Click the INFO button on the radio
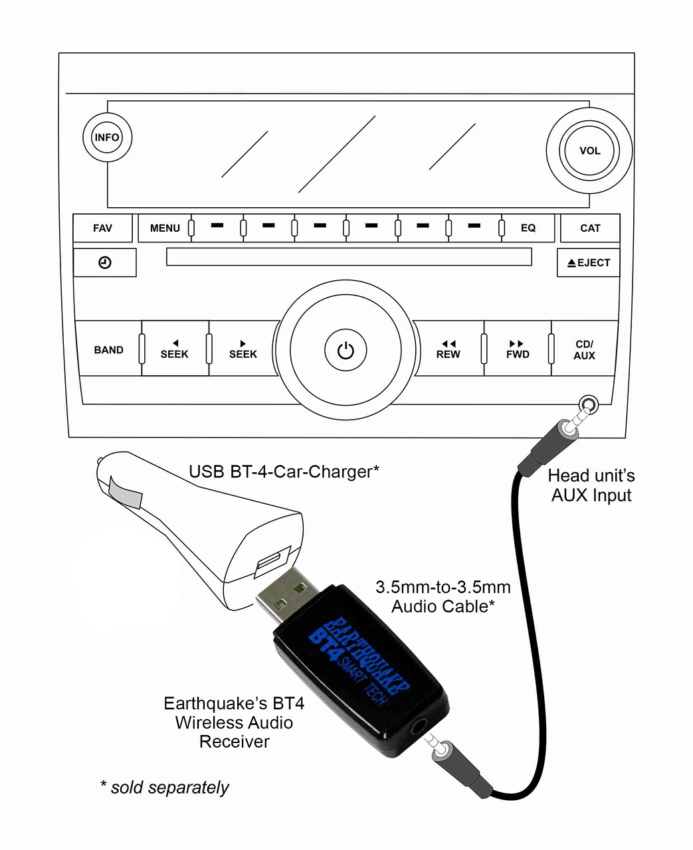click(107, 137)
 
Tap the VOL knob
click(589, 151)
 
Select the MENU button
click(164, 228)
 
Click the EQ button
click(528, 228)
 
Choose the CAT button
click(590, 228)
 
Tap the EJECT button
click(588, 263)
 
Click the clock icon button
click(105, 263)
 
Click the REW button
click(448, 349)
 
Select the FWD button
click(518, 349)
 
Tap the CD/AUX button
click(585, 349)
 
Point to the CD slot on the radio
click(349, 257)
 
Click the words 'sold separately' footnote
click(169, 788)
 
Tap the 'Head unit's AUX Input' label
click(591, 485)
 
